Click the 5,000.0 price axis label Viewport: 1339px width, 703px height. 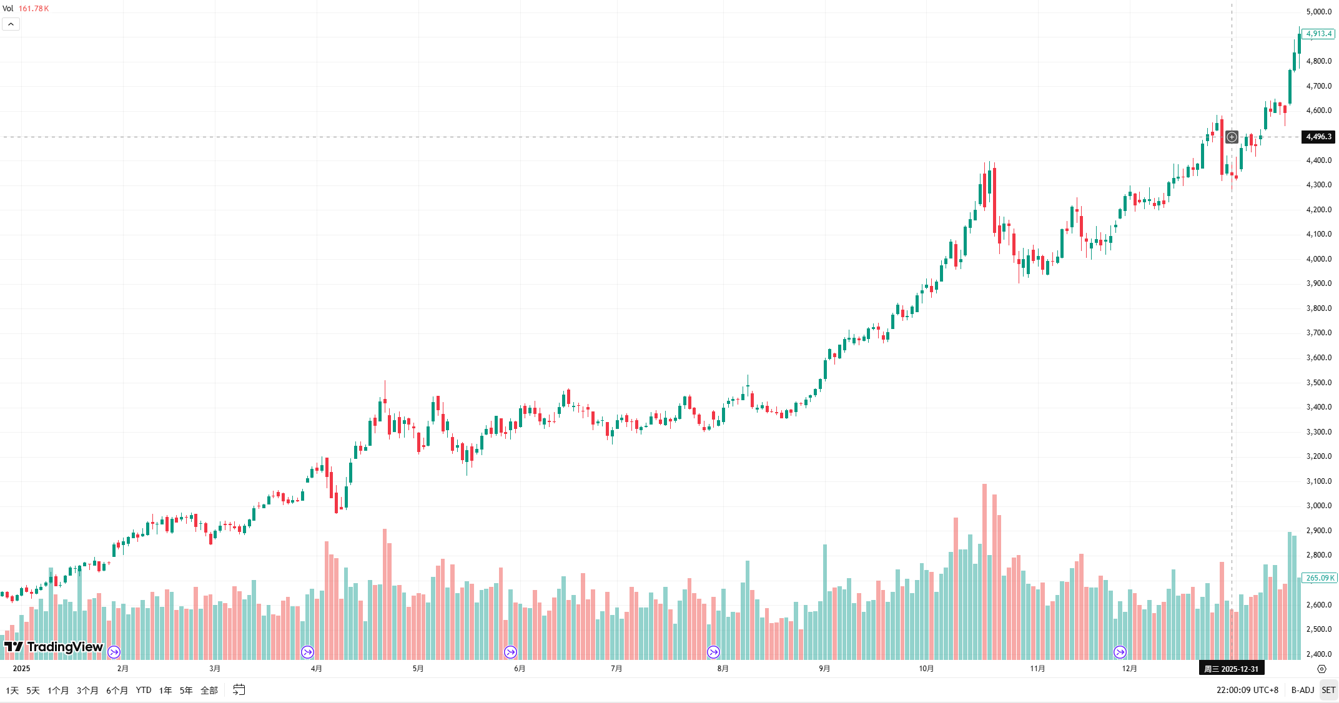pos(1318,12)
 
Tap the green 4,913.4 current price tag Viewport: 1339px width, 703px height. pos(1318,34)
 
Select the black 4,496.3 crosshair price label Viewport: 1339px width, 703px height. pos(1318,137)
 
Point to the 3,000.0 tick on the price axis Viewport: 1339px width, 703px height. pos(1318,506)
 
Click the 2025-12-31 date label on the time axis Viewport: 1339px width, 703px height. pos(1232,669)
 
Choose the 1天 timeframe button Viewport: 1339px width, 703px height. pos(12,691)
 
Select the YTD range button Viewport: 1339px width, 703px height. pos(144,691)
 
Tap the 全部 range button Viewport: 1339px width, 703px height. pos(209,691)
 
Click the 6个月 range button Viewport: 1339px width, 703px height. pos(117,691)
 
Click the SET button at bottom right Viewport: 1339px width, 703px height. pos(1328,691)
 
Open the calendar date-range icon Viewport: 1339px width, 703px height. pos(239,690)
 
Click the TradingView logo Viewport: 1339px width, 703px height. pos(54,647)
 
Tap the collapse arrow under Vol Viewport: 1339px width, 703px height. pos(11,24)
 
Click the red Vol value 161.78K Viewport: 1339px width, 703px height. pos(34,9)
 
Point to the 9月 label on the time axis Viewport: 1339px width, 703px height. pos(824,669)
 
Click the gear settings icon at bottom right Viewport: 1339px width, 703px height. pos(1322,669)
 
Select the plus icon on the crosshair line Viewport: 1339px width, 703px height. pos(1232,137)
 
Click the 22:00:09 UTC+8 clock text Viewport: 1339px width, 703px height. pos(1247,691)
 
